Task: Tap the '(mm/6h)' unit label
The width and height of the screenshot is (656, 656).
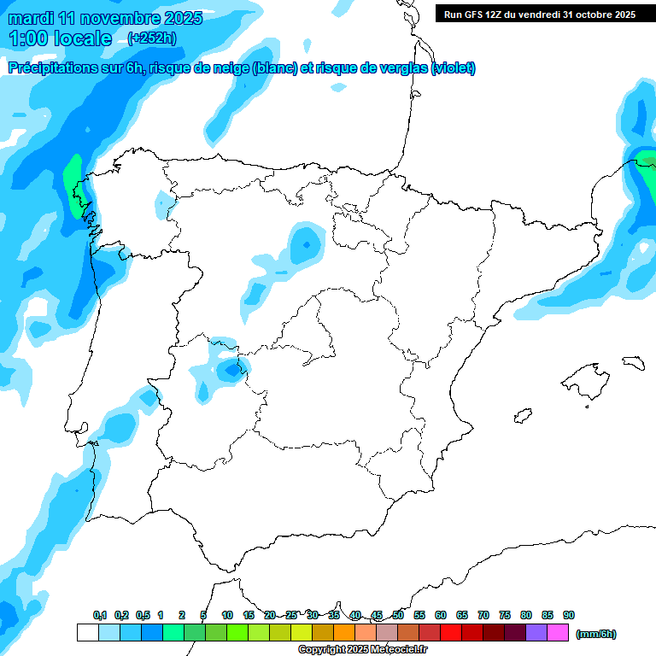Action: pos(595,634)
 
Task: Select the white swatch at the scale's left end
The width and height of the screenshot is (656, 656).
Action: pos(87,632)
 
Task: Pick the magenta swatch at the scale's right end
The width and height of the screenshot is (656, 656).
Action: pos(558,632)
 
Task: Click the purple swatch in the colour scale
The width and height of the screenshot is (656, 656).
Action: pos(536,632)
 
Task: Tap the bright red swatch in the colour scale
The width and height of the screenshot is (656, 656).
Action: pos(451,632)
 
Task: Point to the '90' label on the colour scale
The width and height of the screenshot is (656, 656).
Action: pos(569,615)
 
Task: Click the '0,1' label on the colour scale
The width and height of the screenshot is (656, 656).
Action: pos(100,615)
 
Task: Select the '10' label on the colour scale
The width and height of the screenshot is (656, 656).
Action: pos(227,615)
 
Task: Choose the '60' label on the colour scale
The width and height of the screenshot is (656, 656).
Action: pos(441,615)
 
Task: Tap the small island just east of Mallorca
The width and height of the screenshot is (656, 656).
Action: pos(632,362)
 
